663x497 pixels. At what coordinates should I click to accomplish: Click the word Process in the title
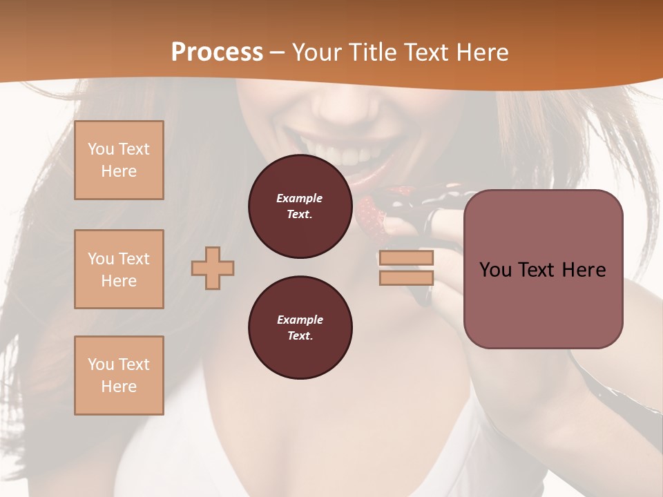click(x=217, y=52)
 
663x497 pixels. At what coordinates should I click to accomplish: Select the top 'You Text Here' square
click(x=119, y=160)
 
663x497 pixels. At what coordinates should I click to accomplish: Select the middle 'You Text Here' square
click(x=119, y=269)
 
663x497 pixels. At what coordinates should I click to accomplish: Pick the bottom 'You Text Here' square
click(x=119, y=376)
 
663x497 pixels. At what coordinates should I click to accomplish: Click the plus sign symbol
click(x=213, y=268)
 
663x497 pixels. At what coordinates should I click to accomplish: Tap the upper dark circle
click(x=300, y=206)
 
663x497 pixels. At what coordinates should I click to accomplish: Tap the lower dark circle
click(x=300, y=328)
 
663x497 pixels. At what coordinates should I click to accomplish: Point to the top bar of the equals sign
click(x=406, y=257)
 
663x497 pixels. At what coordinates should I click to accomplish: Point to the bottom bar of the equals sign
click(x=406, y=278)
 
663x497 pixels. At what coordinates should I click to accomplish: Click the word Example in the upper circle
click(x=300, y=198)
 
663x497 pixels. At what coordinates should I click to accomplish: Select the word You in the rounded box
click(x=494, y=270)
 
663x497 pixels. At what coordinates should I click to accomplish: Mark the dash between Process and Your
click(x=278, y=52)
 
